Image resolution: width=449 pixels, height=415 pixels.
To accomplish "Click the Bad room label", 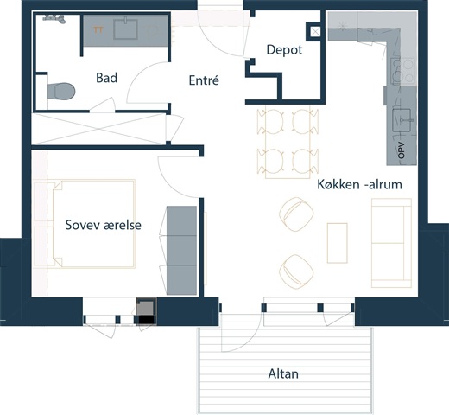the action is click(106, 78).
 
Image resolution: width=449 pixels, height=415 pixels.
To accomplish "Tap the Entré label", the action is click(204, 80).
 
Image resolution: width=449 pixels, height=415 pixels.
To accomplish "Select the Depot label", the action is click(284, 50).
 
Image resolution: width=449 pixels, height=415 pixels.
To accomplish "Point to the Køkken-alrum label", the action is click(359, 184).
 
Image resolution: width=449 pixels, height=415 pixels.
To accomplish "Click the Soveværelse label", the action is click(104, 225).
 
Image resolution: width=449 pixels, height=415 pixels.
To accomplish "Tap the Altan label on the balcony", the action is click(283, 373).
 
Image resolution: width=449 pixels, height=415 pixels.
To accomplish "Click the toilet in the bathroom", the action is click(61, 92).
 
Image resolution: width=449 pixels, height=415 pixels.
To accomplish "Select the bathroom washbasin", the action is click(125, 29).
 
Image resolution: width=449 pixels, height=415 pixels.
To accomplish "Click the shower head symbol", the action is click(54, 18).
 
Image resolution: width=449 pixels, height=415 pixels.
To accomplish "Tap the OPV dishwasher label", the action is click(402, 150).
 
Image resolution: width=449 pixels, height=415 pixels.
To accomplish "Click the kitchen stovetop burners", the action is click(402, 71).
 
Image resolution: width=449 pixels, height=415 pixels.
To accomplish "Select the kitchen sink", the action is click(402, 120).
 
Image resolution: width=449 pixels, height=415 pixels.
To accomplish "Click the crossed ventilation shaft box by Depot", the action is click(315, 32).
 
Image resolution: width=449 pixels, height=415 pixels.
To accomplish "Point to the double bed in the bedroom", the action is click(94, 224).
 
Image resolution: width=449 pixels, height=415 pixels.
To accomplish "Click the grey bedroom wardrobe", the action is click(181, 250).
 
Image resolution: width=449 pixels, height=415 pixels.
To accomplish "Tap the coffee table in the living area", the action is click(338, 243).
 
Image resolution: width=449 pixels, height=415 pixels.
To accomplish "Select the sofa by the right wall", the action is click(391, 243).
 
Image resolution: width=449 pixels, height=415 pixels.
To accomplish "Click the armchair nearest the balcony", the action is click(296, 271).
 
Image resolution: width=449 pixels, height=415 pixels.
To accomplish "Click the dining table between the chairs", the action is click(288, 142).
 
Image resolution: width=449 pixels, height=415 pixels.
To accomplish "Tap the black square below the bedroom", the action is click(147, 320).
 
